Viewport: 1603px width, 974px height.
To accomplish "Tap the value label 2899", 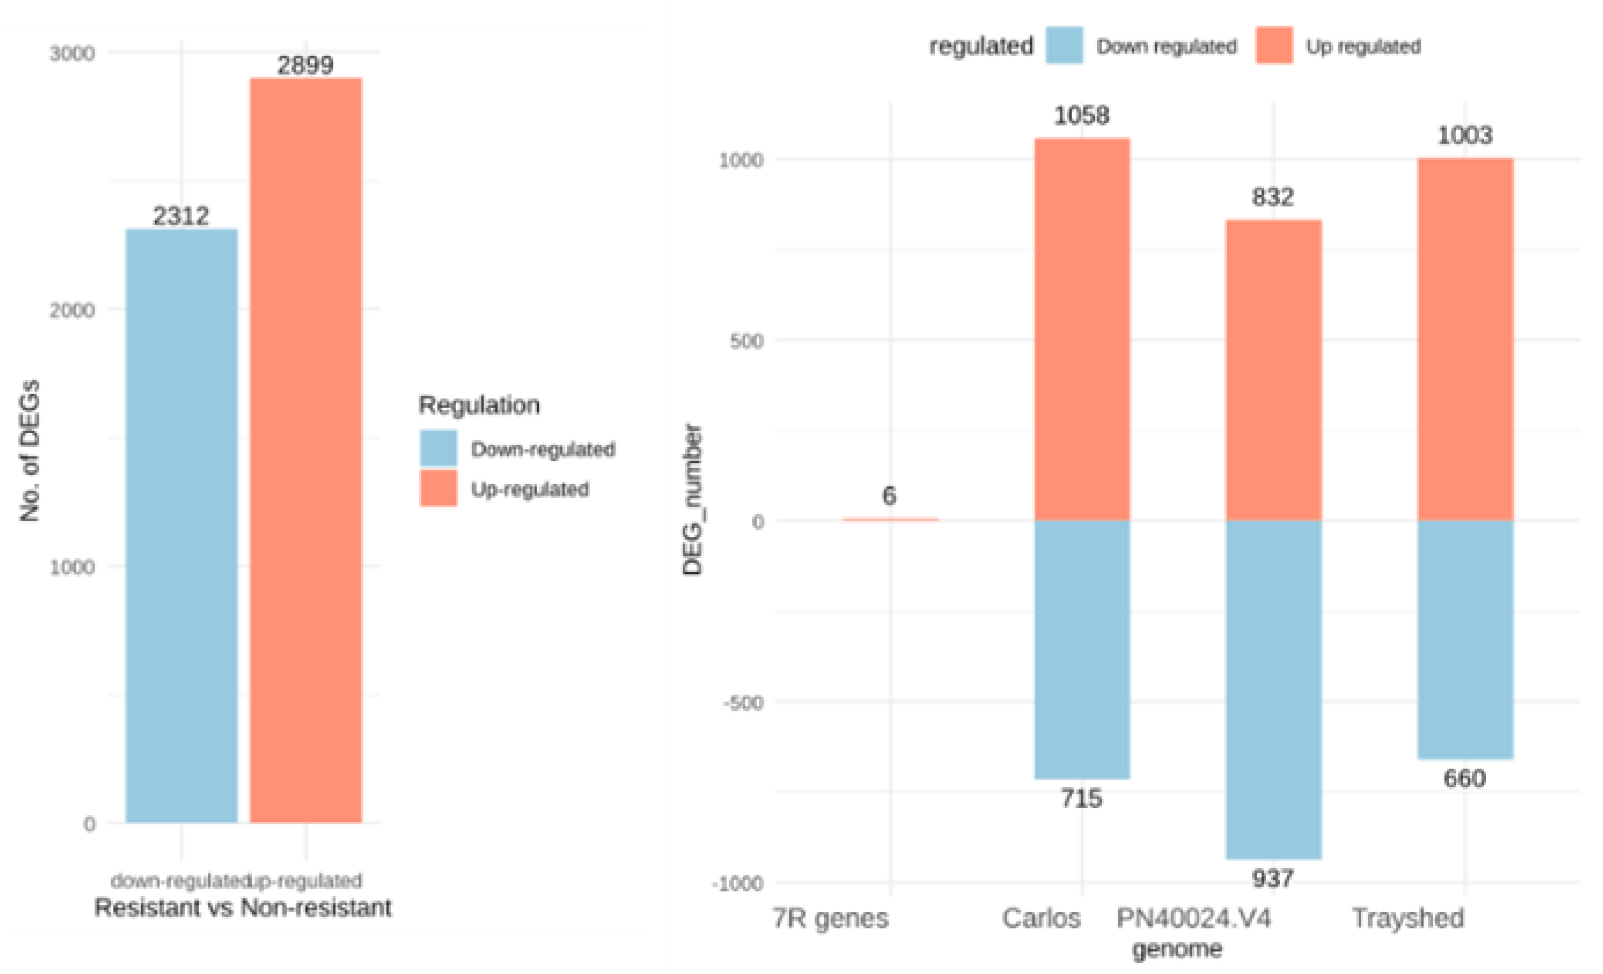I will coord(305,65).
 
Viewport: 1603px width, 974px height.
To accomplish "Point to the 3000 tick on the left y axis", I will coord(72,53).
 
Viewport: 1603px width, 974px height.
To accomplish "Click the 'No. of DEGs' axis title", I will coord(30,451).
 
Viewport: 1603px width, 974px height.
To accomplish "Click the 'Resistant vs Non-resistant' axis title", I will coord(242,907).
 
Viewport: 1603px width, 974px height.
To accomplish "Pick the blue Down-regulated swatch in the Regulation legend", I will coord(439,448).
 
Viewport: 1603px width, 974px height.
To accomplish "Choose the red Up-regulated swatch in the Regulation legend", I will coord(439,488).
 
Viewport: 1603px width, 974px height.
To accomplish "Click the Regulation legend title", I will coord(479,405).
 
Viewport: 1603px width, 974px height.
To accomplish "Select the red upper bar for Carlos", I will coord(1082,329).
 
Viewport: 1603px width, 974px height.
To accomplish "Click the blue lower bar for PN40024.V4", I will coord(1273,689).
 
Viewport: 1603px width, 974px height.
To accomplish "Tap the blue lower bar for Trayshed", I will coord(1465,639).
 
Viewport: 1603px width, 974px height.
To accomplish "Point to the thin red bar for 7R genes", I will coord(890,519).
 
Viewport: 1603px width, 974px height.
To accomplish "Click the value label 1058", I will coord(1081,116).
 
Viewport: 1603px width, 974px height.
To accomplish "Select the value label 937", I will coord(1273,879).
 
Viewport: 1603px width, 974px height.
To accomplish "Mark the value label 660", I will coord(1465,779).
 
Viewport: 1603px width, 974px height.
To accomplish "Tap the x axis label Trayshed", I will coord(1408,918).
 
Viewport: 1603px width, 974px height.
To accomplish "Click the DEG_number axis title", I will coord(692,499).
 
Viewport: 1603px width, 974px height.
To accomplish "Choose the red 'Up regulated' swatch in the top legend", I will coord(1274,46).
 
